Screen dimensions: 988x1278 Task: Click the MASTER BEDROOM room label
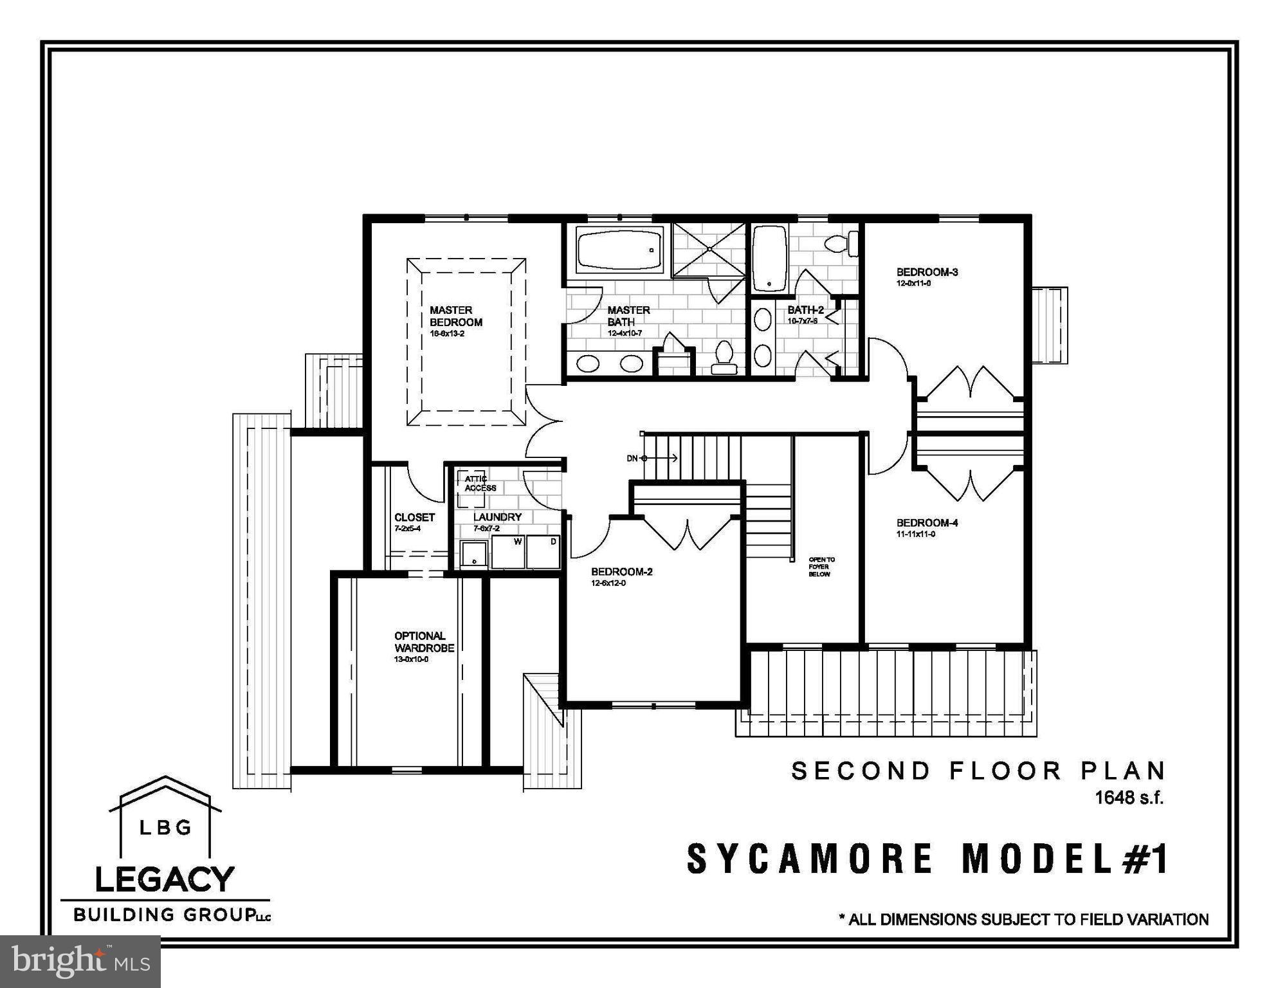click(455, 316)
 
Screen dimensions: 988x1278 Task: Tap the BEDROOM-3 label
click(927, 272)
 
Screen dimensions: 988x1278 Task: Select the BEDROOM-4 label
click(927, 523)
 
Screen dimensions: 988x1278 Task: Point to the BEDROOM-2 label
click(621, 571)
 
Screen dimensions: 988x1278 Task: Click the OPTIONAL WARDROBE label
click(424, 642)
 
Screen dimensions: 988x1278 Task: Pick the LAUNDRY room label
click(497, 517)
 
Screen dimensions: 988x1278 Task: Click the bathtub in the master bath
click(619, 250)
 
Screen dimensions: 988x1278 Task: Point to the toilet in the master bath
click(724, 358)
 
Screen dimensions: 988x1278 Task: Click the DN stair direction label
click(632, 458)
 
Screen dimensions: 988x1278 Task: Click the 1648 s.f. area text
click(1129, 798)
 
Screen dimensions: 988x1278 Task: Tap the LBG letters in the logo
click(165, 827)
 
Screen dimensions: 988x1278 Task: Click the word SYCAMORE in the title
click(810, 859)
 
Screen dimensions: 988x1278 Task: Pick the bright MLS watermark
click(80, 961)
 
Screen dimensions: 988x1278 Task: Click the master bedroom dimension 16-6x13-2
click(446, 334)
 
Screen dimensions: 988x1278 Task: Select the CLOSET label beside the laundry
click(414, 517)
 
